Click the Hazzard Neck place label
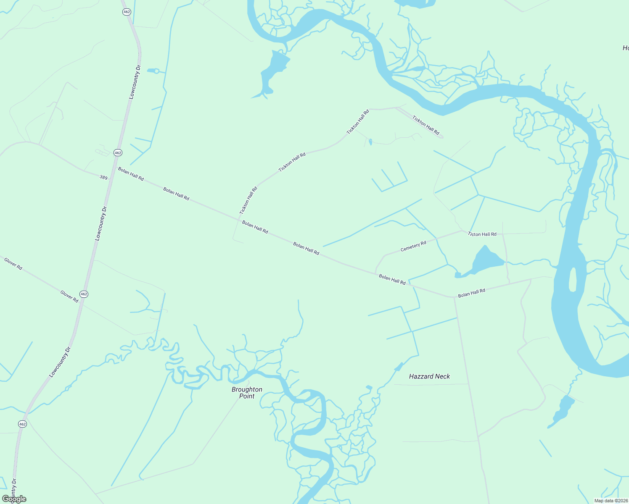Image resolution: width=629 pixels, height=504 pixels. click(429, 376)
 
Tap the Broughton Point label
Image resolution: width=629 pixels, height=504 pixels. click(247, 393)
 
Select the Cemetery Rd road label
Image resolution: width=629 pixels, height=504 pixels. click(413, 246)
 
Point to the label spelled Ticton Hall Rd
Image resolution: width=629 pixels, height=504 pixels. click(482, 234)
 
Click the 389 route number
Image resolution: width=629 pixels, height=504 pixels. click(103, 178)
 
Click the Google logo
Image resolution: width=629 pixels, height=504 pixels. click(14, 499)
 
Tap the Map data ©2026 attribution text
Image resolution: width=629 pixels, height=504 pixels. click(610, 501)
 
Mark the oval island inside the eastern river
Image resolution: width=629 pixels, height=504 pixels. click(572, 279)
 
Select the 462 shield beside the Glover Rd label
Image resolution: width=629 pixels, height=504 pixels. click(84, 294)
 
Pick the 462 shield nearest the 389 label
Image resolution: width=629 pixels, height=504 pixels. click(118, 153)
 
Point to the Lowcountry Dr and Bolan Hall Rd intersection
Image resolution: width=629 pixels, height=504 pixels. click(113, 167)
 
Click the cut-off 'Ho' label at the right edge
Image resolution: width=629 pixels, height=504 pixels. click(625, 48)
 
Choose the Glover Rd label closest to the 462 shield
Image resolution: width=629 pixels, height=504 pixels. click(69, 297)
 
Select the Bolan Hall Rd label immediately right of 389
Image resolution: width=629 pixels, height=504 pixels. click(131, 174)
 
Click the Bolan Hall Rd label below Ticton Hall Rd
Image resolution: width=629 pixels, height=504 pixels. click(471, 293)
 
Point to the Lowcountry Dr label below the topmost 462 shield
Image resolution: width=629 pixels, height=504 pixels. click(135, 82)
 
